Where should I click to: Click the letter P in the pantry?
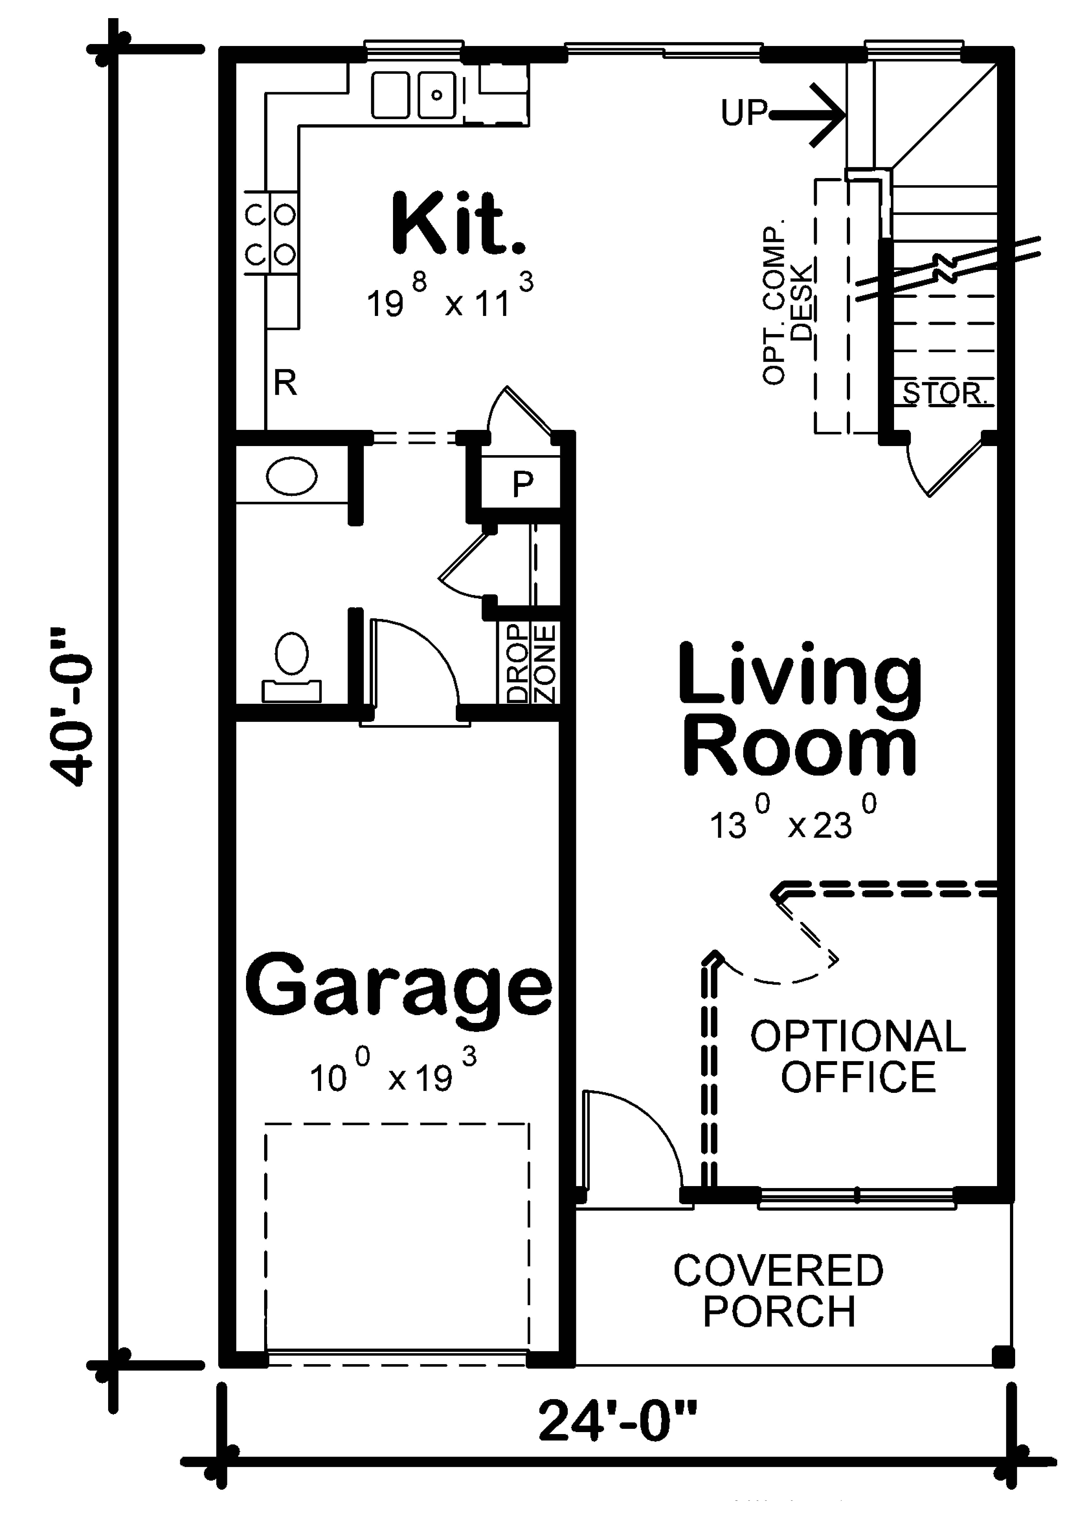[x=523, y=484]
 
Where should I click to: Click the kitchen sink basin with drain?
[x=436, y=95]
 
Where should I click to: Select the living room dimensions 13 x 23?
[x=792, y=824]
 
